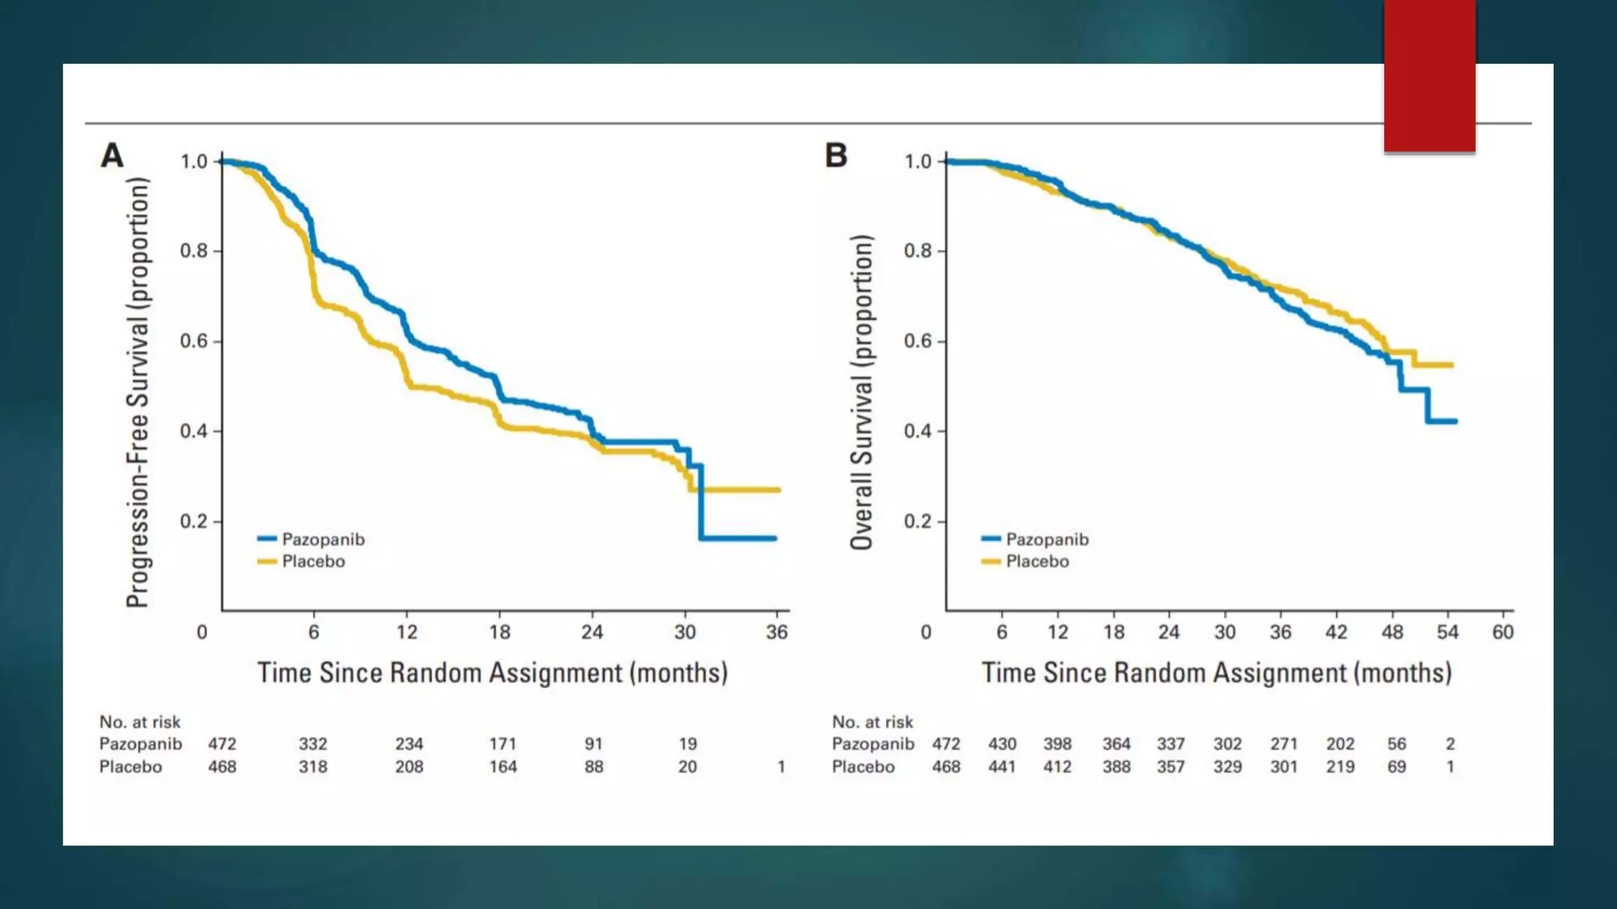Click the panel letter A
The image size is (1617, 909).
tap(112, 155)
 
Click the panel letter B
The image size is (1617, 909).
tap(836, 155)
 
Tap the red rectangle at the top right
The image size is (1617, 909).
tap(1429, 76)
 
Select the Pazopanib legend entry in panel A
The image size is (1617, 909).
tap(322, 540)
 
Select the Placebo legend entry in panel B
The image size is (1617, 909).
tap(1036, 562)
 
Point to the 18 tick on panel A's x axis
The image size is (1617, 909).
tap(499, 632)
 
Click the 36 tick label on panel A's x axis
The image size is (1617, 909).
tap(777, 632)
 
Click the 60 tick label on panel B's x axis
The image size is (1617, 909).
tap(1503, 632)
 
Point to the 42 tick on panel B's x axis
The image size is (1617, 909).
tap(1336, 632)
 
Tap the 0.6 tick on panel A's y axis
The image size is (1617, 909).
tap(193, 341)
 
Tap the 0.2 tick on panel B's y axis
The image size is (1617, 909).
tap(917, 522)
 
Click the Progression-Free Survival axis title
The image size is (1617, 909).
tap(137, 392)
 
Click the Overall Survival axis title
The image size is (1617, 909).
tap(861, 392)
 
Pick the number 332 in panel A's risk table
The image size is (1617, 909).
tap(313, 744)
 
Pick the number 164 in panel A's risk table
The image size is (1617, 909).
tap(503, 767)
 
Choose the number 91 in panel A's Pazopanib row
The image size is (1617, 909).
tap(594, 744)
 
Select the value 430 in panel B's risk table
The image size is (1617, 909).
tap(1002, 744)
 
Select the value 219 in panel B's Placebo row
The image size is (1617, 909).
tap(1340, 767)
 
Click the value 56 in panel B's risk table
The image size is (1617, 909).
tap(1396, 744)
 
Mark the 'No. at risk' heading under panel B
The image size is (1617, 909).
tap(872, 722)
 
